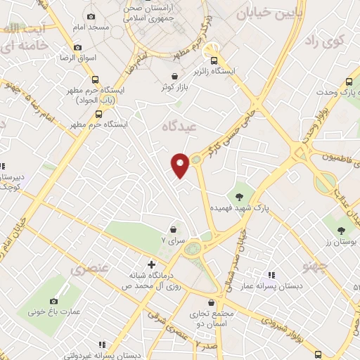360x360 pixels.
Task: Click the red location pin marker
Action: click(x=181, y=165)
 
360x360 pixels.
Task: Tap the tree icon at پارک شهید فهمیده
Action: click(x=240, y=197)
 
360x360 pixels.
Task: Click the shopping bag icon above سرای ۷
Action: click(x=174, y=229)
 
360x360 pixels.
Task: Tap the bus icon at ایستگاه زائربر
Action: click(x=216, y=60)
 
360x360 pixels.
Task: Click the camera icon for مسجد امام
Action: click(x=91, y=16)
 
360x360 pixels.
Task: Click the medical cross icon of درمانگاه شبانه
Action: click(x=151, y=264)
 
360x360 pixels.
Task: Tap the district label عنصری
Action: click(x=90, y=269)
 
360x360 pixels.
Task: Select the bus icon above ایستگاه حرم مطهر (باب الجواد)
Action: click(x=95, y=79)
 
